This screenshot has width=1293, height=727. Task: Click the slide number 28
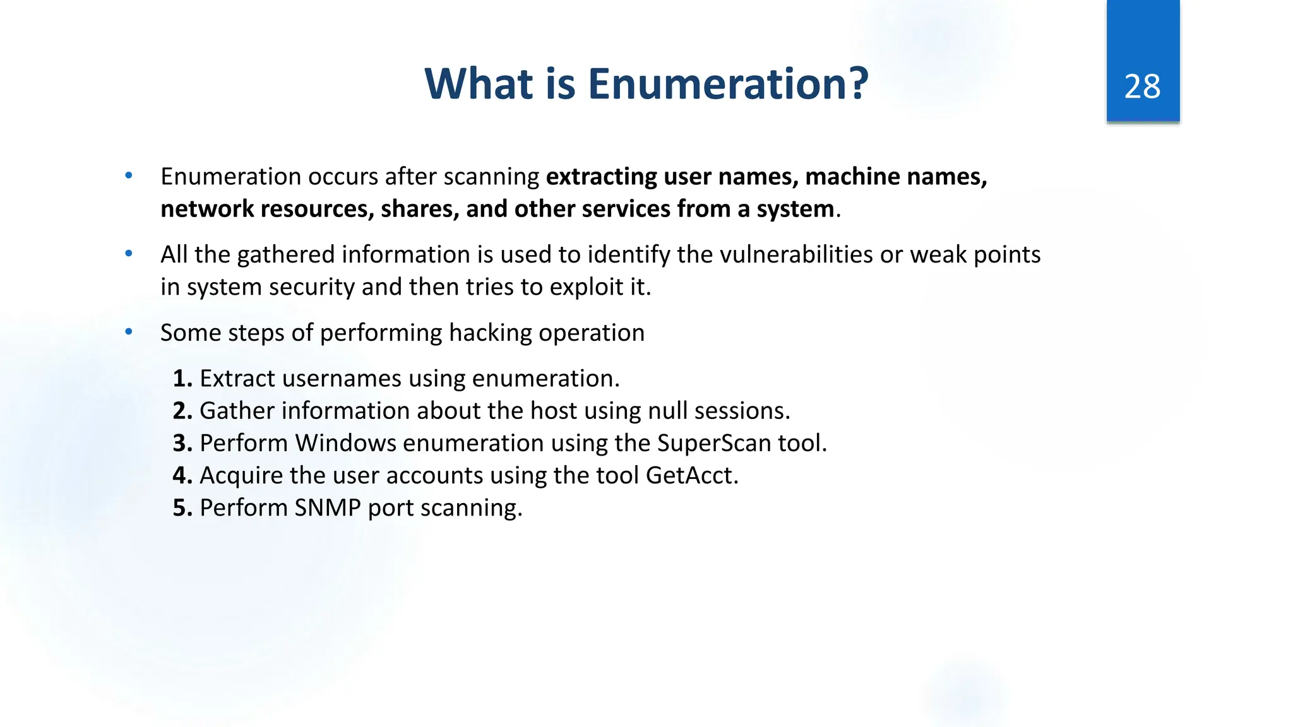1142,86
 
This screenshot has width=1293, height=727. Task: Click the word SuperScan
714,443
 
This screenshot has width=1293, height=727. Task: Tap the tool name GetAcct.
691,475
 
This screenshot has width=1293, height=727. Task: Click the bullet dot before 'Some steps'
129,332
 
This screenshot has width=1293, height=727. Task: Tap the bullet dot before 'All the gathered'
129,254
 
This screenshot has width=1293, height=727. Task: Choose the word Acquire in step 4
241,475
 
